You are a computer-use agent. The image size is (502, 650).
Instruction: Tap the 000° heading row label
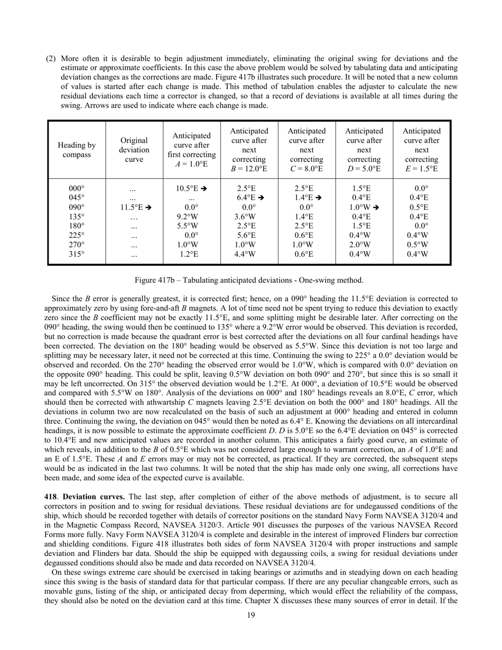[x=77, y=188]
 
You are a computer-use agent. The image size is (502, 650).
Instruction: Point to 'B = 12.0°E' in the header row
[x=249, y=169]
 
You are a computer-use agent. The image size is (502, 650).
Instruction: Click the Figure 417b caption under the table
[x=249, y=280]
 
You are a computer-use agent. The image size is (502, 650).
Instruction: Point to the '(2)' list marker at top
[x=51, y=59]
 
